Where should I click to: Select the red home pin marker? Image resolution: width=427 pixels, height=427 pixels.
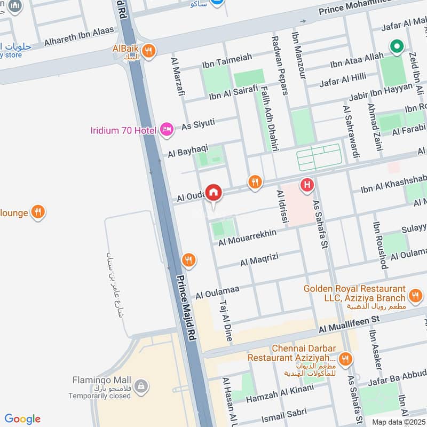point(213,192)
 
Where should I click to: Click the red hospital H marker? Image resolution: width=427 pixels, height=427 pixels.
point(307,185)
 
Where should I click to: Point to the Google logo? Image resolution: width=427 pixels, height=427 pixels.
point(22,419)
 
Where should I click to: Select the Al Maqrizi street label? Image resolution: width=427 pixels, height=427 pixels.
point(260,262)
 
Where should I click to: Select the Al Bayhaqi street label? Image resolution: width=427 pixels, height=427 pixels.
point(187,150)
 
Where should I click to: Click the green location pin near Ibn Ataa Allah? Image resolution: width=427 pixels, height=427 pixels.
point(396,48)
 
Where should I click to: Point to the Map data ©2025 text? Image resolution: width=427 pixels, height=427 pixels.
point(398,422)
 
